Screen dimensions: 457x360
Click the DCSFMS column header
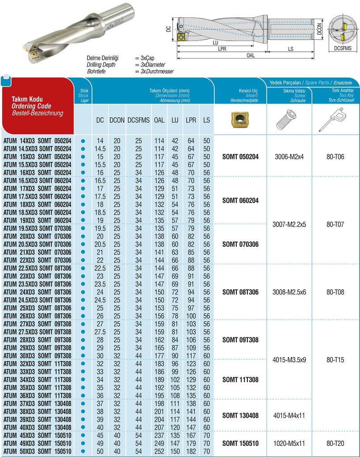click(x=138, y=120)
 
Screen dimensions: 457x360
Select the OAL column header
click(x=159, y=120)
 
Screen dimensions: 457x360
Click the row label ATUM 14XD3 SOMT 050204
click(x=37, y=141)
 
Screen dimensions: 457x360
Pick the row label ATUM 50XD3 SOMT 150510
click(x=37, y=451)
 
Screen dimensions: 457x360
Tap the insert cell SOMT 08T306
click(x=241, y=292)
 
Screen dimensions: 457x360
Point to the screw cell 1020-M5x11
click(x=289, y=444)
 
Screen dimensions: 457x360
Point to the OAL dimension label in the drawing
click(x=251, y=55)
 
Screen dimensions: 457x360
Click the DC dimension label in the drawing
click(x=168, y=29)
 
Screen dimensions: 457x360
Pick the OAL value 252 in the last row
click(x=159, y=451)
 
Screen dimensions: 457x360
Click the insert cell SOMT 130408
click(x=241, y=415)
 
